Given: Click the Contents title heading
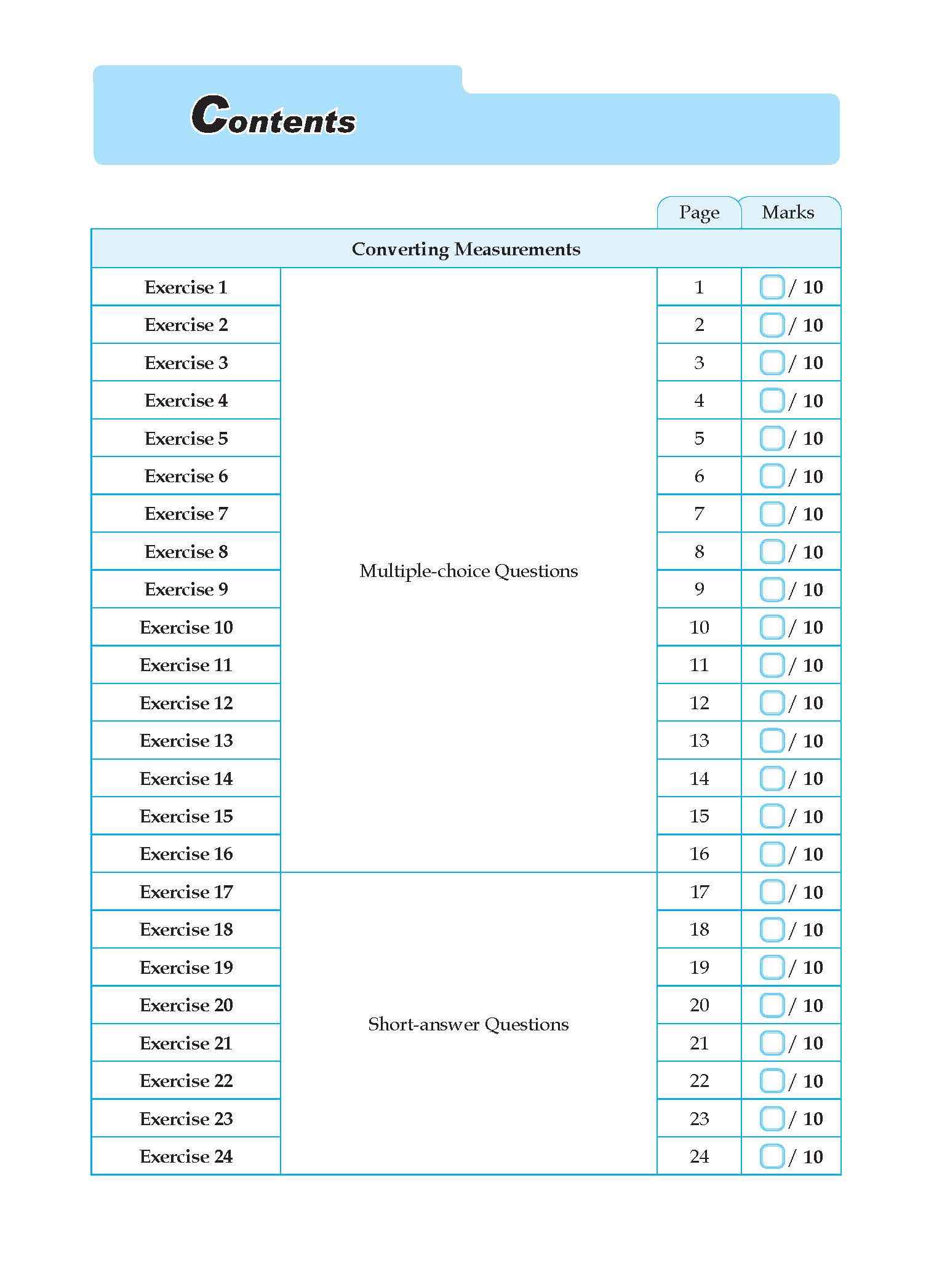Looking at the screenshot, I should click(x=273, y=116).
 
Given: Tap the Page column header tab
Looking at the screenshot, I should click(x=699, y=213).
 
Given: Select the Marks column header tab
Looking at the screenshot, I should click(x=788, y=213).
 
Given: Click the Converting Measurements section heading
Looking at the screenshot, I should click(x=466, y=249).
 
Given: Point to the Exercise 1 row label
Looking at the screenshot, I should click(x=186, y=287).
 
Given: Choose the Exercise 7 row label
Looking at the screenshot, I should click(x=186, y=514).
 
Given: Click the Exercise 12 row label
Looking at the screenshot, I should click(x=186, y=703).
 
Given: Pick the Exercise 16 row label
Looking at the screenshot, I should click(x=186, y=854).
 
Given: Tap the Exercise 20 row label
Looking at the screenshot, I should click(x=186, y=1005).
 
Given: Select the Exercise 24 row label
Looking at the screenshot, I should click(x=186, y=1157).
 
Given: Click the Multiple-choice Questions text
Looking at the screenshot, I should click(x=468, y=571).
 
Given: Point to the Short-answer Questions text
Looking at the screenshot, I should click(x=468, y=1024).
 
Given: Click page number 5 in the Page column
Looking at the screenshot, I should click(x=699, y=439).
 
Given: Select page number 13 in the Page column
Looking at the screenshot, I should click(x=699, y=741).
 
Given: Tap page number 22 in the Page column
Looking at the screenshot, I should click(x=699, y=1081).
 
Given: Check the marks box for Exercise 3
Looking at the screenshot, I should click(x=772, y=363).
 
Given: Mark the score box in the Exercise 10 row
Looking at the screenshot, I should click(x=772, y=627).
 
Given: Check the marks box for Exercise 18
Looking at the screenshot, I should click(x=772, y=930).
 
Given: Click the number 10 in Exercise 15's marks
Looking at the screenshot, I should click(x=812, y=817).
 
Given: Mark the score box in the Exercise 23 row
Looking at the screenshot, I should click(x=772, y=1118).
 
